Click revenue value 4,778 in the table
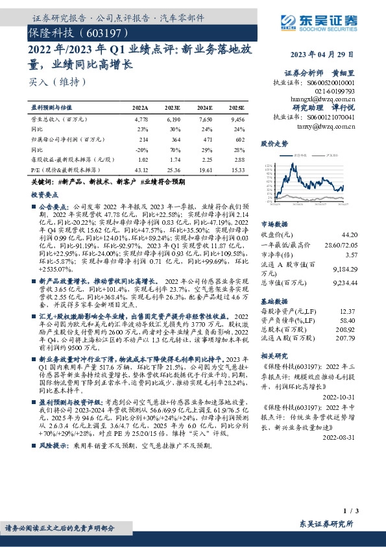coord(141,120)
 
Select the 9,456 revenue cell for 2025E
coord(237,120)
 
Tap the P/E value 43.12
coord(141,169)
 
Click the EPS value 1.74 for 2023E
coord(173,159)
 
